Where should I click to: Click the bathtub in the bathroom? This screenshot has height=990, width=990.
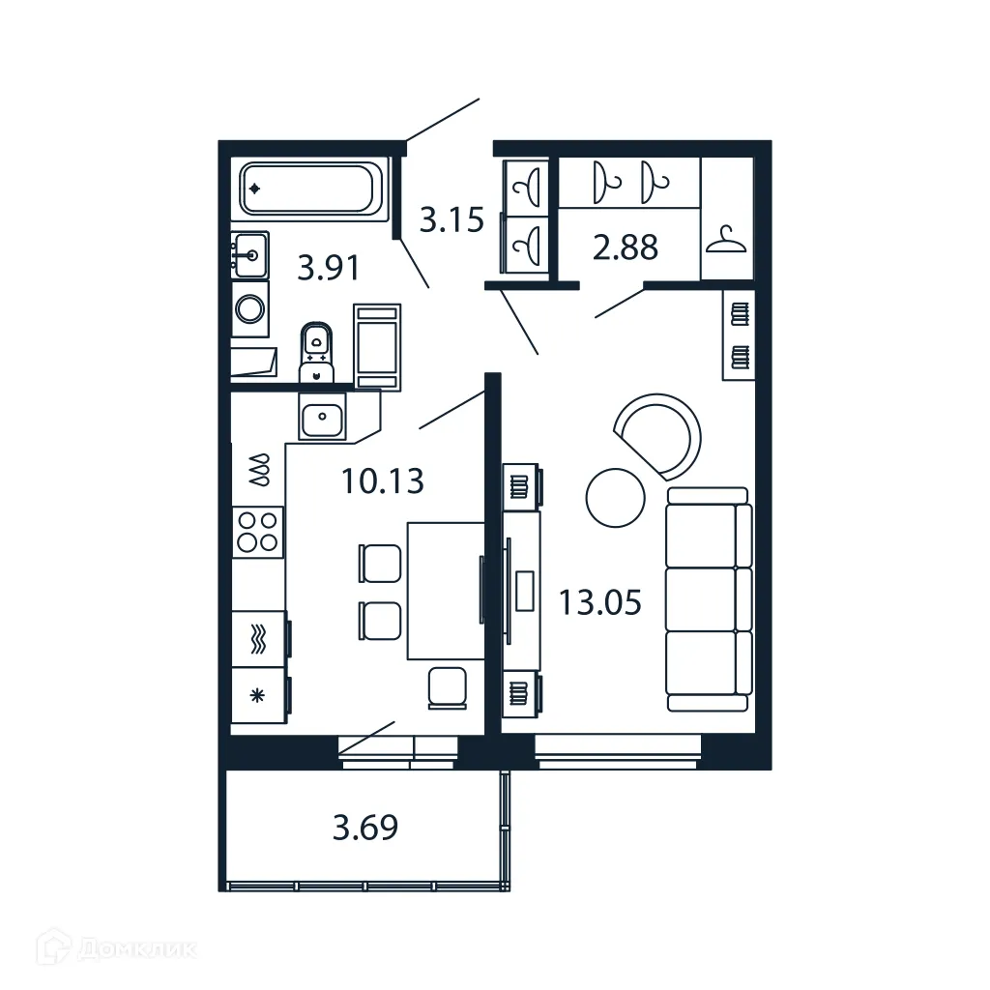[x=309, y=189]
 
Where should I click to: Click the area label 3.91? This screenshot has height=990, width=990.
[x=329, y=267]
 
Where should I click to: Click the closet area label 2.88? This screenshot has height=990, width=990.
[x=626, y=247]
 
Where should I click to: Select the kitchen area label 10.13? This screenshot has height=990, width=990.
[x=383, y=480]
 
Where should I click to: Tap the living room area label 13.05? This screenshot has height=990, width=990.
[x=599, y=602]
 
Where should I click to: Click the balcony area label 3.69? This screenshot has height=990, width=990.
[x=364, y=828]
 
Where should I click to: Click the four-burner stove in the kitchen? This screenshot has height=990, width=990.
[x=258, y=531]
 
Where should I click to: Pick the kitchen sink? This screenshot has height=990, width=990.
[x=321, y=420]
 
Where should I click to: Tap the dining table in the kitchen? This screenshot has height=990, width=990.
[x=445, y=590]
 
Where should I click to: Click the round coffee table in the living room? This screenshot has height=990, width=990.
[x=615, y=498]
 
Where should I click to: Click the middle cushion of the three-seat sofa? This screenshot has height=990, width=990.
[x=708, y=599]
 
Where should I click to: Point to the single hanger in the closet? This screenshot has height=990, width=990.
[x=726, y=239]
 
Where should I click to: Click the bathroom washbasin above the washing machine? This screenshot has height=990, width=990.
[x=250, y=255]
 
